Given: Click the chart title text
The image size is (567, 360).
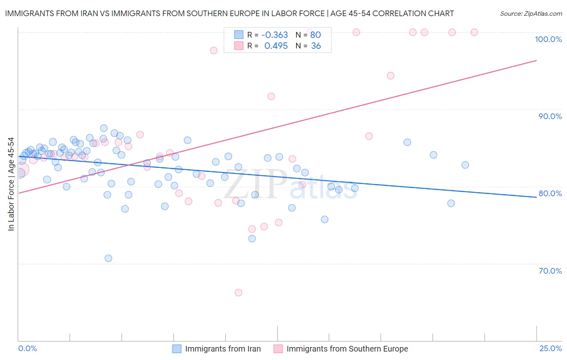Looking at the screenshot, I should pos(229,14).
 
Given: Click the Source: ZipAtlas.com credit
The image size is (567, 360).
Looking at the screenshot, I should pos(531,14).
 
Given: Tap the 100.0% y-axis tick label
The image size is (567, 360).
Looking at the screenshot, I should pos(548,39).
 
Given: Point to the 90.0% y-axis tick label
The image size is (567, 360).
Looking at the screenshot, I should pos(550,116).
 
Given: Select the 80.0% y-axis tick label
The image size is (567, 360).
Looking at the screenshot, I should pos(550,193).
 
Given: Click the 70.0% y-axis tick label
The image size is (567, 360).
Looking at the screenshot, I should pos(550,271).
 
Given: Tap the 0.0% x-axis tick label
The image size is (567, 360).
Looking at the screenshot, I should pos(27,348).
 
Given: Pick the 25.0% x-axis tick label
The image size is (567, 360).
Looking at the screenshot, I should pos(550,348).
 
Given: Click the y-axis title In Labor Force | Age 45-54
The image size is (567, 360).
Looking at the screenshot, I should pos(11,184).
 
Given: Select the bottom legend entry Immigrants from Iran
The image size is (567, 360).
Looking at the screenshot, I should pos(223,349).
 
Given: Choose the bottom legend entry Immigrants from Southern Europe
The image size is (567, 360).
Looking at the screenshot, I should pos(347,349).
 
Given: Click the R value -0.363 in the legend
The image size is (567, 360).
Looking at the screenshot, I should pos(275,35).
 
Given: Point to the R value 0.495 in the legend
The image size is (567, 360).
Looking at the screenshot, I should pos(276,46).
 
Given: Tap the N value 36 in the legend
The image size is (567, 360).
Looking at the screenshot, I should pos(316,46).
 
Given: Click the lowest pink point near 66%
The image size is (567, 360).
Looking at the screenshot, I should pos(238,293).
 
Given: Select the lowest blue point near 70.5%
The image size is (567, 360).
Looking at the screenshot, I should pos(108,258).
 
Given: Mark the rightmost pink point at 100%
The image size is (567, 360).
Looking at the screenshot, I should pos(474,32).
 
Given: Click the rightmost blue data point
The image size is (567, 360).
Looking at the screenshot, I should pos(465,165).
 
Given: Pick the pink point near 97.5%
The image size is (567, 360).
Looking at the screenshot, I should pos(214,50).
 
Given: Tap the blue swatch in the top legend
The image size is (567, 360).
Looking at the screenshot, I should pos(239,35).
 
